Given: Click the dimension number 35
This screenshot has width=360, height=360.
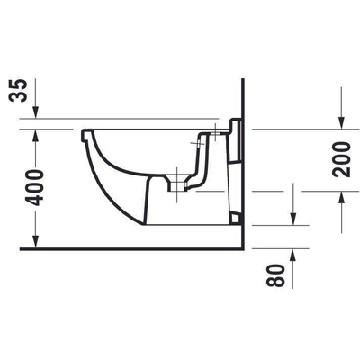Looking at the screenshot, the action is pos(18,91).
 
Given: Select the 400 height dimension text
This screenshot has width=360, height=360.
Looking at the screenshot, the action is pos(34,187).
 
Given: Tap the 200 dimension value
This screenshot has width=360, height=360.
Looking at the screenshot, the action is pos(341,159).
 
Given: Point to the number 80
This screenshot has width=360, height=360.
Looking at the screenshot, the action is pos(276,275).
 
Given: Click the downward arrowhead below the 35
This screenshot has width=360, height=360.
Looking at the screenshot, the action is pos(36,113).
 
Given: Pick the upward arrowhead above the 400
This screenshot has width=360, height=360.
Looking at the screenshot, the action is pos(36,135).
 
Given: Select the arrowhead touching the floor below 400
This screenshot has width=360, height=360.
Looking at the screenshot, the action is pos(36,242).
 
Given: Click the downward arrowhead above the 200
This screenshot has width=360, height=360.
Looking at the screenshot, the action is pos(341,123).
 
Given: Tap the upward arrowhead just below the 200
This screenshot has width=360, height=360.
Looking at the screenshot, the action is pos(341,197).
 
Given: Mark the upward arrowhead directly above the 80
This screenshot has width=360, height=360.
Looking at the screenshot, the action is pos(293,255).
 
